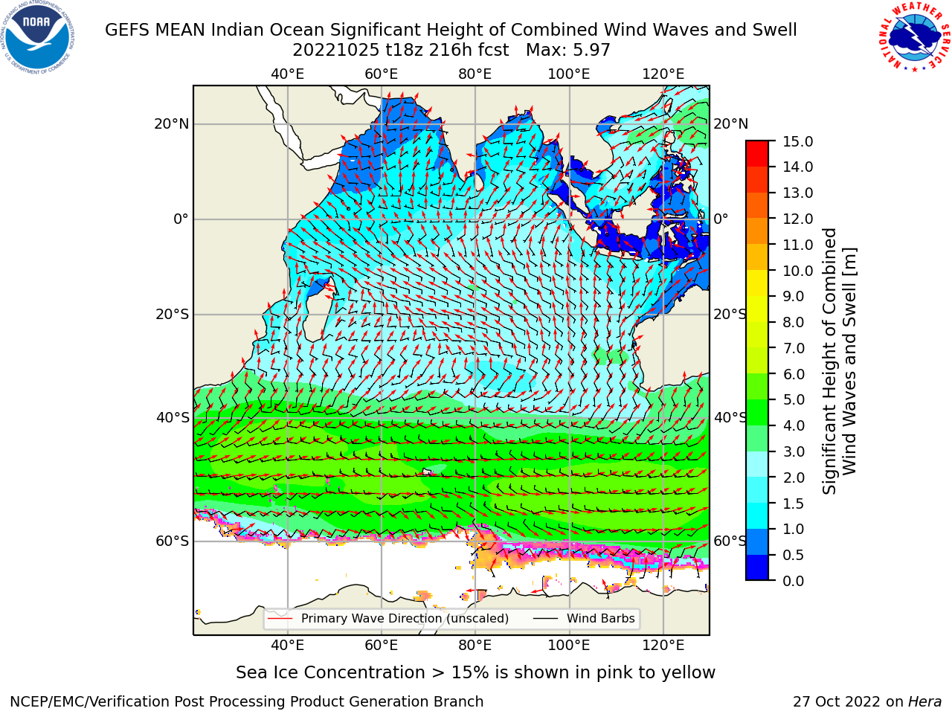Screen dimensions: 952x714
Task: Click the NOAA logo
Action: point(37,37)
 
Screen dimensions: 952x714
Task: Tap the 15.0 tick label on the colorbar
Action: point(797,141)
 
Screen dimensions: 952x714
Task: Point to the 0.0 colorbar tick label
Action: point(794,581)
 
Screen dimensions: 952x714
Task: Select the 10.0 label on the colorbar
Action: point(797,271)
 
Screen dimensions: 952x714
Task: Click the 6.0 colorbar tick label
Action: point(794,374)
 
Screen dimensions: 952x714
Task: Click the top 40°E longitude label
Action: point(287,74)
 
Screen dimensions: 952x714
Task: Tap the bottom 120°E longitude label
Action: point(663,646)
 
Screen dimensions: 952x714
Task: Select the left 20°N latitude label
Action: point(172,124)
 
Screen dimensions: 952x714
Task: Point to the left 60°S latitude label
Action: point(173,541)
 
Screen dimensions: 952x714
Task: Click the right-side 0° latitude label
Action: point(721,219)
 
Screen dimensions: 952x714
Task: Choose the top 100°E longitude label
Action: point(569,74)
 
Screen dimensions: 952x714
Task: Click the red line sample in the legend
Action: point(280,619)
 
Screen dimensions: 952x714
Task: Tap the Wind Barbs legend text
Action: point(600,619)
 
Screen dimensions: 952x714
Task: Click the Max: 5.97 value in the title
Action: point(567,51)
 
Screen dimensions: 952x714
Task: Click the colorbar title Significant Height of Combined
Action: point(829,361)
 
